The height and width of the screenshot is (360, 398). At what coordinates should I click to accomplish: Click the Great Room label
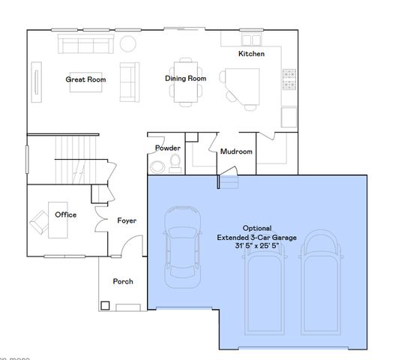coord(85,79)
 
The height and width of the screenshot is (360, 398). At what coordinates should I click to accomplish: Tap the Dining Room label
coord(186,78)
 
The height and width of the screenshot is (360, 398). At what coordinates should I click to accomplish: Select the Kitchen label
coord(251,54)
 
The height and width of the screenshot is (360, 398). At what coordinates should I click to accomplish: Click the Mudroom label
coord(236,151)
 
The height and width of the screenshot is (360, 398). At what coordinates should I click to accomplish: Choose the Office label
coord(66,214)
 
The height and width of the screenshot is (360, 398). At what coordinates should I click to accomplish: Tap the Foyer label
coord(127,220)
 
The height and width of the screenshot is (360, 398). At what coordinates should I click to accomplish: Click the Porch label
coord(123,281)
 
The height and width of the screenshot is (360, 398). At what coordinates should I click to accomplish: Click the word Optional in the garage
coord(257,228)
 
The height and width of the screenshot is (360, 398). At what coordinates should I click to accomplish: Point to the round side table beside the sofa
coord(128,43)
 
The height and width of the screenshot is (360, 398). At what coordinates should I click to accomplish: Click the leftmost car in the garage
coord(182,240)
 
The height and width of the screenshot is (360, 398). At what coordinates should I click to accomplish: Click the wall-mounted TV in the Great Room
coord(35,79)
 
